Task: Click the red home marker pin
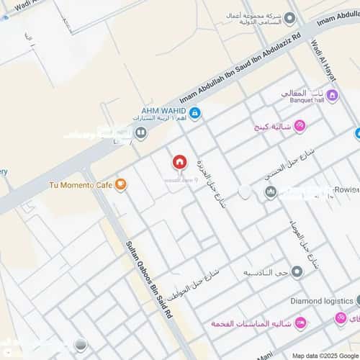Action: [x=179, y=162]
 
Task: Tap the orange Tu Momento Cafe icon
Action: [x=120, y=185]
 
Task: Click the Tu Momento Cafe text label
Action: [x=80, y=185]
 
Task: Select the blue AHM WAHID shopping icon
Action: [x=195, y=112]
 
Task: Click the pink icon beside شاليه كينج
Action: [x=300, y=125]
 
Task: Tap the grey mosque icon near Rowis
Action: [x=271, y=192]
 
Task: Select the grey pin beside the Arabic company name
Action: [x=289, y=17]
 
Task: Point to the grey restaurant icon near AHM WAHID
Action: [x=141, y=132]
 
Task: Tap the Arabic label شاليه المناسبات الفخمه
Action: [x=250, y=324]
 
